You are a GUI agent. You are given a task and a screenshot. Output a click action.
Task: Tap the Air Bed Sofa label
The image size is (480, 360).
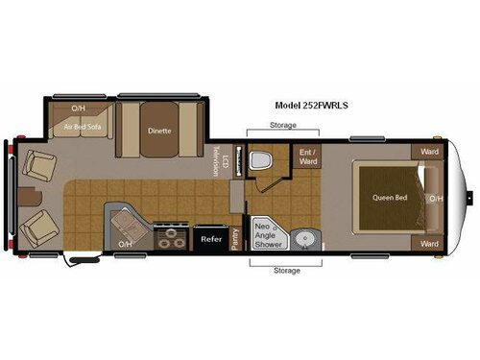pyautogui.click(x=82, y=126)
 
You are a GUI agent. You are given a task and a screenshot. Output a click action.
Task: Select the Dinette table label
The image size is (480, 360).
pyautogui.click(x=159, y=132)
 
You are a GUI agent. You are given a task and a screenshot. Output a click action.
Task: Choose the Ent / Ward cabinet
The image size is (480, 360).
pyautogui.click(x=307, y=156)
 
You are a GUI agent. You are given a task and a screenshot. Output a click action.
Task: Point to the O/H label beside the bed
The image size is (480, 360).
pyautogui.click(x=437, y=199)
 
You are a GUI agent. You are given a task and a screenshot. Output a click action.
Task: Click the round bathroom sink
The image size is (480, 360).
pyautogui.click(x=302, y=236)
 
